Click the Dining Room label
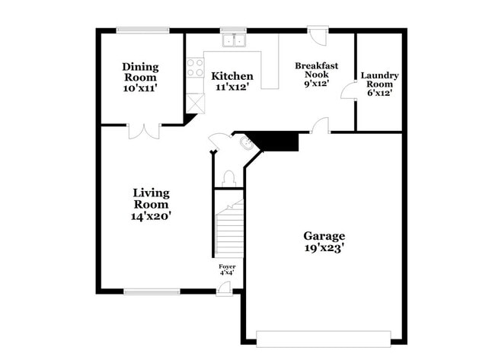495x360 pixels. click(x=140, y=72)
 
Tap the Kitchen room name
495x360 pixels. click(x=232, y=75)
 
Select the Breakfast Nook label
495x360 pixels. click(x=316, y=70)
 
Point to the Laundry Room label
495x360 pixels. click(x=379, y=80)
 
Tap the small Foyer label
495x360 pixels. click(x=227, y=266)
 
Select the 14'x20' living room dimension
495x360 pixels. click(x=151, y=216)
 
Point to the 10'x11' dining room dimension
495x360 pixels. click(x=140, y=89)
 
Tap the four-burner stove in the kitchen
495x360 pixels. click(x=195, y=67)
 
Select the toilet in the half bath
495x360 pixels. click(x=228, y=178)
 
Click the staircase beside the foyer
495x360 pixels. click(x=228, y=228)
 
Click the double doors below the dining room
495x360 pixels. click(x=144, y=131)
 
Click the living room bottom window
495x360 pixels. click(x=152, y=291)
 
